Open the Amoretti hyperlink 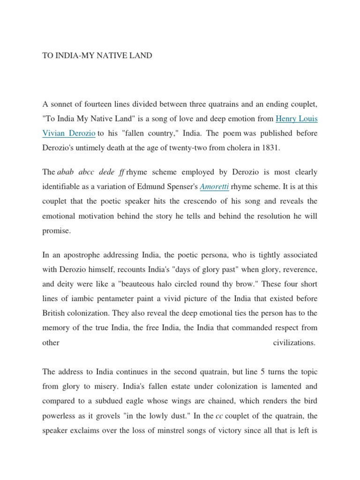215,187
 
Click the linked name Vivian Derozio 69,133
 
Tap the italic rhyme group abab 67,172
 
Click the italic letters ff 122,172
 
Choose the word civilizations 294,343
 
